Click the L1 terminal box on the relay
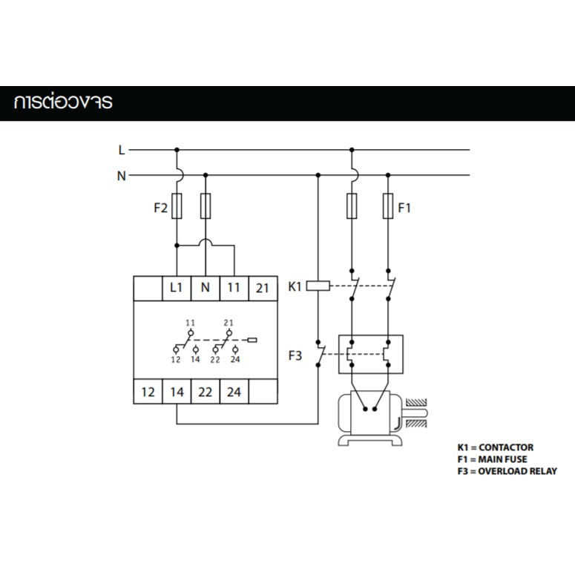click(177, 288)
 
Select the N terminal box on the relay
click(206, 288)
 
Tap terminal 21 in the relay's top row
click(263, 288)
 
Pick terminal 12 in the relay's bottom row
click(148, 392)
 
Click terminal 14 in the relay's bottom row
click(177, 392)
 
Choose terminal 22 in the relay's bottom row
click(206, 392)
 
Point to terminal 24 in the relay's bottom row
click(234, 392)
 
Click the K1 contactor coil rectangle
click(318, 286)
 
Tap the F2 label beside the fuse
click(160, 208)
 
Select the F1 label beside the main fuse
click(404, 208)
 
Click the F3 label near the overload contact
click(295, 355)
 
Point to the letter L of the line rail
click(122, 150)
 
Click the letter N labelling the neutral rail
click(122, 176)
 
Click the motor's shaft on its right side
click(415, 413)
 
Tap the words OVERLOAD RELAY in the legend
click(517, 471)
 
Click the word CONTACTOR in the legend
click(506, 447)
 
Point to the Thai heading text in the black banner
click(63, 102)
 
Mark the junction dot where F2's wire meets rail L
click(177, 150)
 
